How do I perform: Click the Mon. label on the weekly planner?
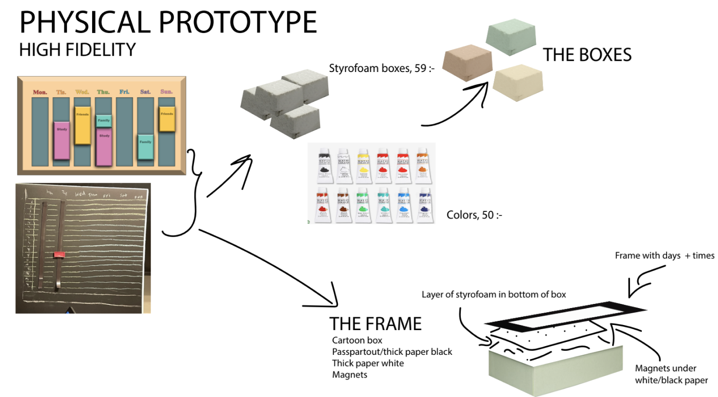point(40,92)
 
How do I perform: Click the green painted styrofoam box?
point(511,39)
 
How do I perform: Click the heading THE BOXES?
point(587,55)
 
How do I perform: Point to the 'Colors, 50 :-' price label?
point(474,214)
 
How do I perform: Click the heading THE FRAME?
point(375,323)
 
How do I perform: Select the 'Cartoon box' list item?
point(357,340)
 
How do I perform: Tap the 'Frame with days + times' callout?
point(665,256)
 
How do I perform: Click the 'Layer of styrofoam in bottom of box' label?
point(494,295)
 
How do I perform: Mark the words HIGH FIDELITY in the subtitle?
point(78,50)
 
